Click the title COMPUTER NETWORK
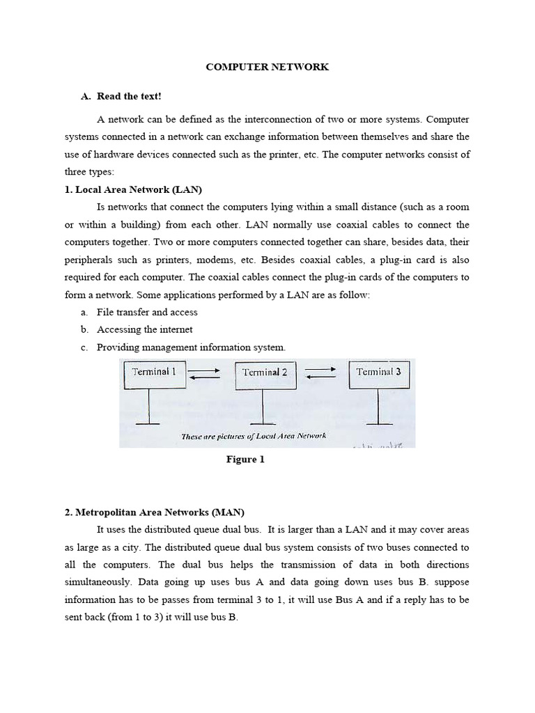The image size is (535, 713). (267, 68)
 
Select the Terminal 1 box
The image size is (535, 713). (154, 373)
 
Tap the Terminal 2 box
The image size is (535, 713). (265, 373)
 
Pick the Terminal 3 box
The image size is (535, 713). (378, 373)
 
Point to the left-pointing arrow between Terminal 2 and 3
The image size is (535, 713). (321, 377)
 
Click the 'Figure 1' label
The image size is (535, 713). (245, 460)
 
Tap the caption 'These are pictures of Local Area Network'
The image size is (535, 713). (254, 437)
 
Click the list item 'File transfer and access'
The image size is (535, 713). (147, 312)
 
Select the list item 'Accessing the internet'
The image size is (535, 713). (145, 329)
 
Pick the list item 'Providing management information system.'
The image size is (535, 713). (191, 347)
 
